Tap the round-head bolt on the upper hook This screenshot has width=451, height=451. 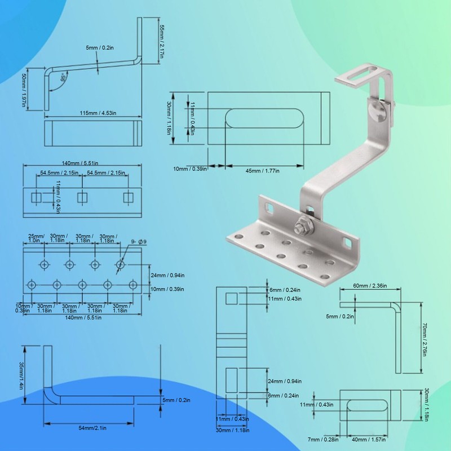point(381,110)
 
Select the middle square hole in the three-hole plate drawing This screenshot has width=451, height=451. point(83,197)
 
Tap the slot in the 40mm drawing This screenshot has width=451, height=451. point(367,405)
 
